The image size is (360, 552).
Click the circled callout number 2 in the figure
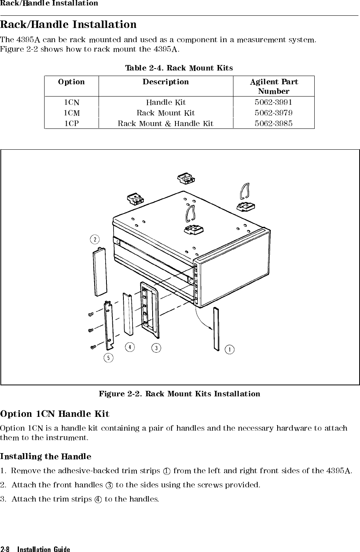[x=95, y=239]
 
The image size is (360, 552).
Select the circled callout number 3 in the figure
[x=157, y=348]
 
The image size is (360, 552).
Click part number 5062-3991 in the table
[x=273, y=102]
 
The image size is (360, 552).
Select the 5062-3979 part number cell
[x=273, y=113]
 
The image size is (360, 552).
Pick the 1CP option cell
[x=71, y=124]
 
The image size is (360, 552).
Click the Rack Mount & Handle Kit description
[x=166, y=124]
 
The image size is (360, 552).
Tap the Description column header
[x=166, y=82]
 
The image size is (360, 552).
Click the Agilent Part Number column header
[x=274, y=86]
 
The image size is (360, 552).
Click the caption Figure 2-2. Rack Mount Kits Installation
[x=179, y=394]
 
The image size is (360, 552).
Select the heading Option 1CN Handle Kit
[x=55, y=414]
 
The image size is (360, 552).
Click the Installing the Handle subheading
[x=46, y=457]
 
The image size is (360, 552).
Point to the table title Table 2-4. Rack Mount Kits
[x=179, y=68]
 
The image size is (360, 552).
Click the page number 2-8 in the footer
[x=7, y=549]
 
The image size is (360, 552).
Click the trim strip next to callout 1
[x=216, y=329]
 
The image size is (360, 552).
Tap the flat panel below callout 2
[x=100, y=272]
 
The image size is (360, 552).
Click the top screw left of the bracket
[x=91, y=314]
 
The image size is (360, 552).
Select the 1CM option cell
[x=71, y=113]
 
